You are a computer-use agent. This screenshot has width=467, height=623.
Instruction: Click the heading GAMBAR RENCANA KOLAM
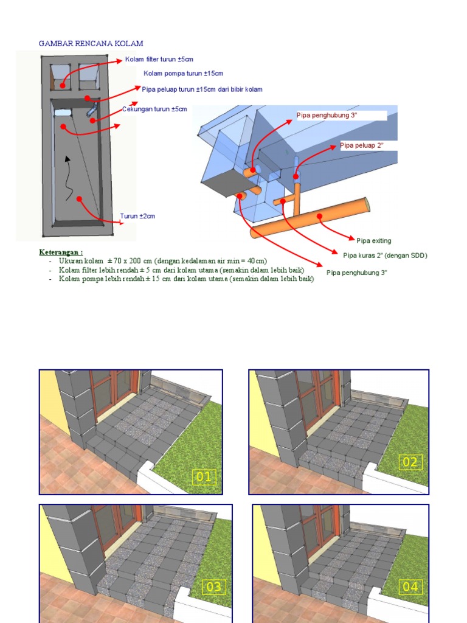coord(91,43)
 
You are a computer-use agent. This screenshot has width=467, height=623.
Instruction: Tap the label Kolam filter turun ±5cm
coord(159,60)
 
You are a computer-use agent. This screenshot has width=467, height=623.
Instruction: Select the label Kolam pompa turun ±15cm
coord(183,74)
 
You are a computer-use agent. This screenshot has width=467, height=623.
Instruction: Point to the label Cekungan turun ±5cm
coord(154,109)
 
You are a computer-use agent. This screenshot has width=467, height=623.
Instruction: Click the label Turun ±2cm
coord(137,216)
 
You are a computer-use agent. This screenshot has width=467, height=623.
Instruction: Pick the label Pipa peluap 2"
coord(362,145)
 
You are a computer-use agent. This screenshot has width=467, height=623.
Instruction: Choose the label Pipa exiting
coord(374,241)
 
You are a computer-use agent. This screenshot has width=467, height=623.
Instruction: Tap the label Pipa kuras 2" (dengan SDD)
coord(385,256)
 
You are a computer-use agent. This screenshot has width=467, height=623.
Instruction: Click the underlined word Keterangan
coord(61,252)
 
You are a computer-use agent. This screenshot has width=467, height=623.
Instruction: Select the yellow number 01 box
coord(204,477)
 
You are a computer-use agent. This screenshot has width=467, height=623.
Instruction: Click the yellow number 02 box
coord(410,462)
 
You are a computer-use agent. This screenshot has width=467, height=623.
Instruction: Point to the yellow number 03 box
coord(213,587)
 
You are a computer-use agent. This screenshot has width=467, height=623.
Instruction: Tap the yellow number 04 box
coord(410,587)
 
